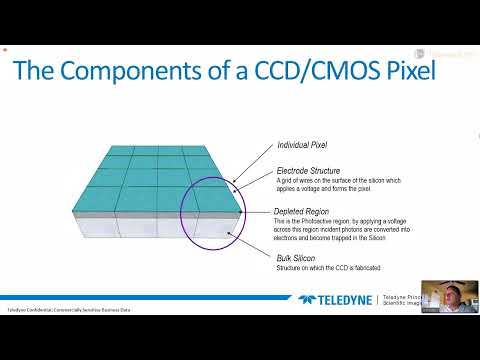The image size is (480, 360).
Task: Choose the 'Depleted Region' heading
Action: [x=305, y=212]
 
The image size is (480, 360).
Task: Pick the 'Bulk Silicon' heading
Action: [x=297, y=258]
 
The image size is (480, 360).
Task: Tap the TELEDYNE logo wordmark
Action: [x=345, y=298]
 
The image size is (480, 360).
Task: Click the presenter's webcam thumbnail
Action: [x=449, y=300]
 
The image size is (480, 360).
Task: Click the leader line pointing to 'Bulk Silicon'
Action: [x=254, y=246]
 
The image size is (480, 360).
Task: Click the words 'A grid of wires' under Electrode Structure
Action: [x=291, y=180]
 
